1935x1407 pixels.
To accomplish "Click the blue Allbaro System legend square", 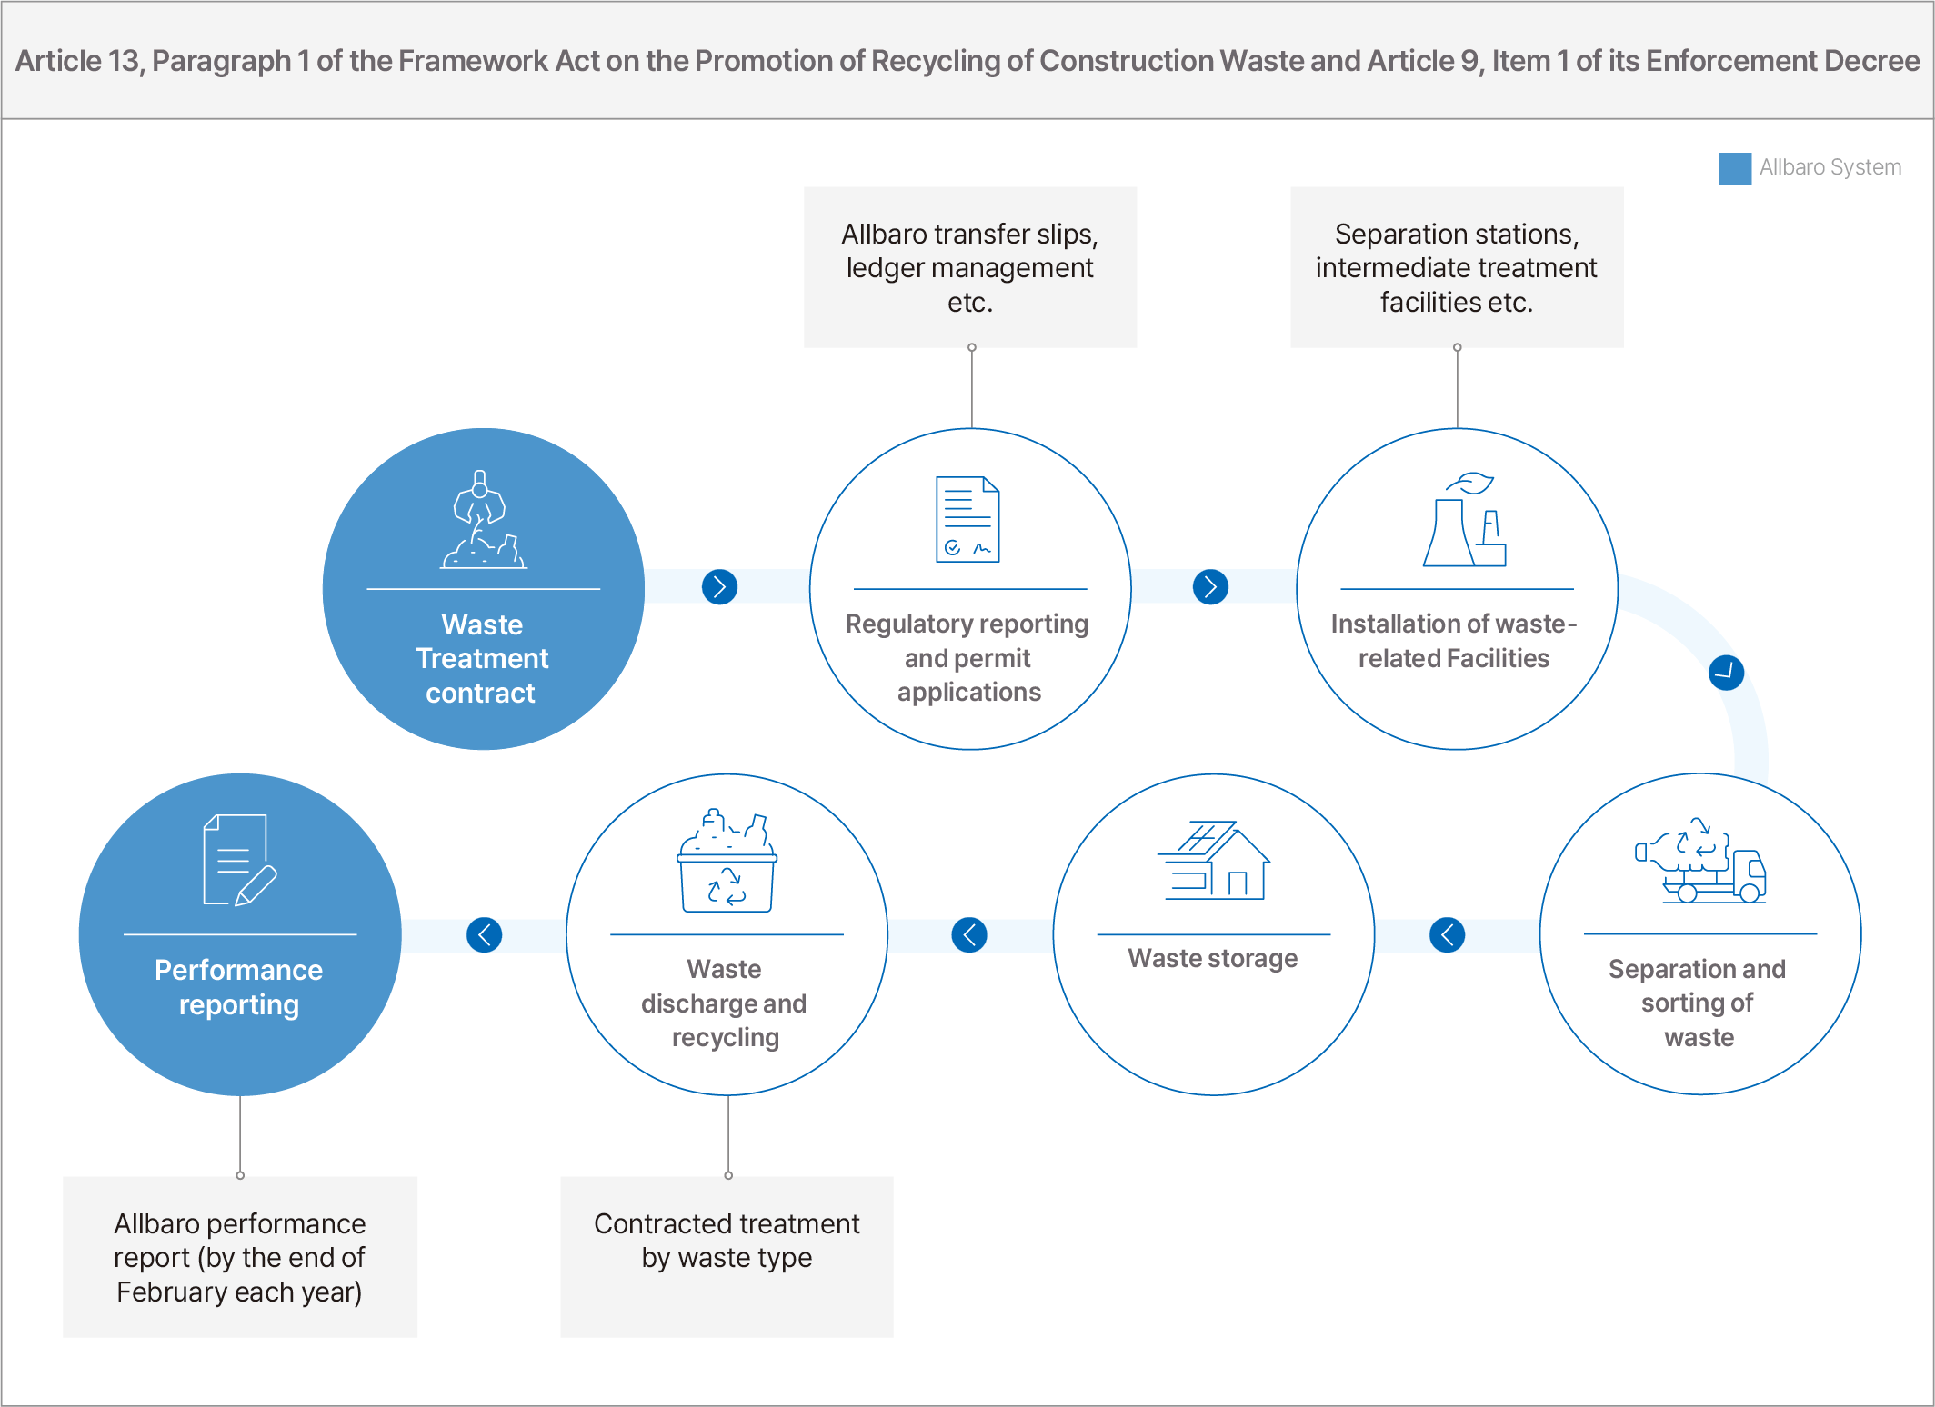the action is [1735, 168].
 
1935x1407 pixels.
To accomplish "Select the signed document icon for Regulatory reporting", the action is [968, 519].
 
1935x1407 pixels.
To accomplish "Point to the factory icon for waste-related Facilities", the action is [1464, 519].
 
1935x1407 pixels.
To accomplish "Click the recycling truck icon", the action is [1700, 860].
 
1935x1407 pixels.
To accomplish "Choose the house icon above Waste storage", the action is [1213, 860].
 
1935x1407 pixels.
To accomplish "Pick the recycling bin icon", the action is [727, 860].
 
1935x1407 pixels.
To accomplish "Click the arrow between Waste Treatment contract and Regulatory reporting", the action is [719, 586].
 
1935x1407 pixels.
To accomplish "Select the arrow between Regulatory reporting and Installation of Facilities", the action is [1210, 586].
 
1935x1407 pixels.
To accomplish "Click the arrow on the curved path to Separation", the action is [1726, 673].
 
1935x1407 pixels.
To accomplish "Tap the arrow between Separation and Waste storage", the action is [1447, 934].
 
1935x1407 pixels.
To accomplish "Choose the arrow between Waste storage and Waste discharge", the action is [969, 934].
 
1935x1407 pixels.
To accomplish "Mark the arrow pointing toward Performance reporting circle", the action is [484, 934].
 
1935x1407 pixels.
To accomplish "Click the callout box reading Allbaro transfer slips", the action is [970, 267].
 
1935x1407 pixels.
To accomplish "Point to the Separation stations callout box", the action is [1457, 267].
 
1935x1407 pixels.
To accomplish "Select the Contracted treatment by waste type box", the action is [727, 1257].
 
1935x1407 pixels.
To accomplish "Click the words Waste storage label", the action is [1213, 959].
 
